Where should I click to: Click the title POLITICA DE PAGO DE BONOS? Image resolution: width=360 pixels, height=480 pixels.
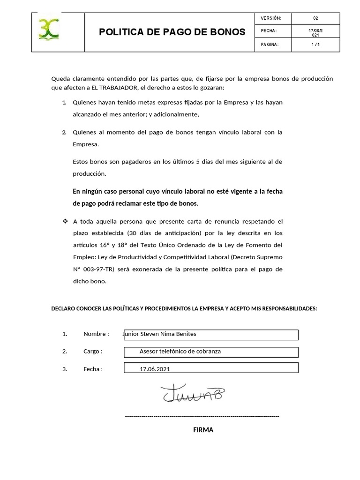point(172,32)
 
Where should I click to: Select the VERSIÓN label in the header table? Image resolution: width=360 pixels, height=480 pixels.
point(270,18)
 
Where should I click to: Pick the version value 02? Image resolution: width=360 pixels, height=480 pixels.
point(315,18)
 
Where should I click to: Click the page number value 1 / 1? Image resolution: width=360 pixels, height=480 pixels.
point(315,45)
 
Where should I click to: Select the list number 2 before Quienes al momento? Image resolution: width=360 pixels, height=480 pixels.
point(64,132)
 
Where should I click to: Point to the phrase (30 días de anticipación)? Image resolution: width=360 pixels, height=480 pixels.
point(166,233)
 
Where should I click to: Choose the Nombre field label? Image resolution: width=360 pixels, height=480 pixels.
point(96,334)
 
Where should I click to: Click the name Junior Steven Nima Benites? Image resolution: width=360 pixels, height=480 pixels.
point(159,334)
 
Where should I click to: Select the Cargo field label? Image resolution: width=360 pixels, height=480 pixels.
point(93,351)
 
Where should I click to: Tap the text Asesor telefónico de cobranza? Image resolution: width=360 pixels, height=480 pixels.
point(180,351)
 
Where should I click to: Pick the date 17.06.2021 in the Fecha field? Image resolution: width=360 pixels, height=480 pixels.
point(155,369)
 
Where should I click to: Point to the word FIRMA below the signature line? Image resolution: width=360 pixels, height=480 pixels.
point(203,430)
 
